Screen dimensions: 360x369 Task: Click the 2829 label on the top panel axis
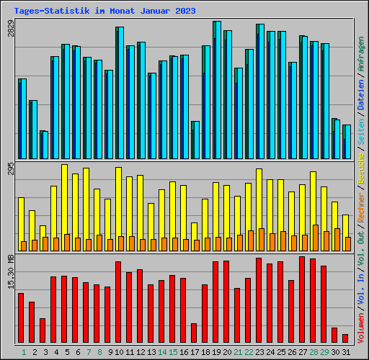10,28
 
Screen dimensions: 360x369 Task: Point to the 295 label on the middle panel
10,168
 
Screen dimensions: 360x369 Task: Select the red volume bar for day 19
215,302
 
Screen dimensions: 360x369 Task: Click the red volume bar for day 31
345,338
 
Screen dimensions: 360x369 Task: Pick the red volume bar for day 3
43,330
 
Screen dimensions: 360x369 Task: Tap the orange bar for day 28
316,238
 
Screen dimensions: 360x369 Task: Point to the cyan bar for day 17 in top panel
195,140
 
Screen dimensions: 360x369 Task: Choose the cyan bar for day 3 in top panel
44,145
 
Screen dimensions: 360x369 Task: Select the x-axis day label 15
172,352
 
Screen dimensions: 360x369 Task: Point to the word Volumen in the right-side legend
361,331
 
